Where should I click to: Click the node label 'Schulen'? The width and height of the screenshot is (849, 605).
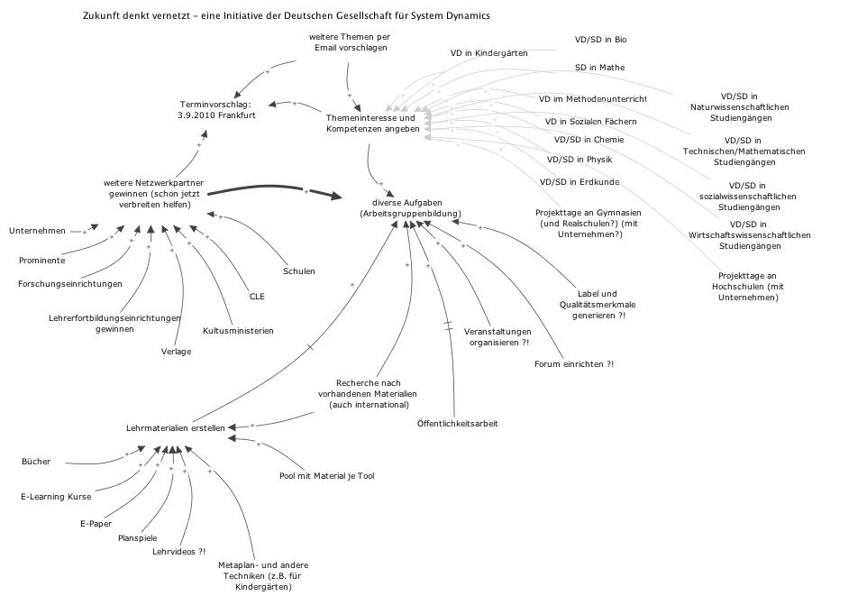(298, 271)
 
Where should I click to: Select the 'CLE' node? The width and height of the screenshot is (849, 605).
(257, 296)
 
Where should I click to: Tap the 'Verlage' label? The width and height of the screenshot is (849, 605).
(177, 352)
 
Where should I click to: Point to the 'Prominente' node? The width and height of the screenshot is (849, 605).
(41, 261)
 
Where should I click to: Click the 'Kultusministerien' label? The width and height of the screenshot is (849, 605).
(238, 330)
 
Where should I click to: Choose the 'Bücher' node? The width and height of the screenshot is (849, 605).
(36, 462)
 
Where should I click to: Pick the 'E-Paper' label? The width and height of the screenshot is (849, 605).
(95, 523)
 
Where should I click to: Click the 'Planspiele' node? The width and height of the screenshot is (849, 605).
(138, 537)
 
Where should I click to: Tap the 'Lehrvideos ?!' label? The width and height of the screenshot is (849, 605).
(178, 551)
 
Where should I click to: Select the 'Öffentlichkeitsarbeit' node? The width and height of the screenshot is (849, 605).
(458, 424)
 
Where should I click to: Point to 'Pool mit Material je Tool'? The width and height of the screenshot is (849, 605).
(326, 476)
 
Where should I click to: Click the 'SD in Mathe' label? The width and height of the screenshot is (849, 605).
(599, 68)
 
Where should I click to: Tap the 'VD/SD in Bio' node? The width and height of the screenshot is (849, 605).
(600, 40)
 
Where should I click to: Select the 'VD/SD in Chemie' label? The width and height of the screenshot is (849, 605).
(589, 140)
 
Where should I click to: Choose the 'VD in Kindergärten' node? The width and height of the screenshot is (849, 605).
(489, 53)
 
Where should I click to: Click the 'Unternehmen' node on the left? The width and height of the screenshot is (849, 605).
(38, 231)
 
